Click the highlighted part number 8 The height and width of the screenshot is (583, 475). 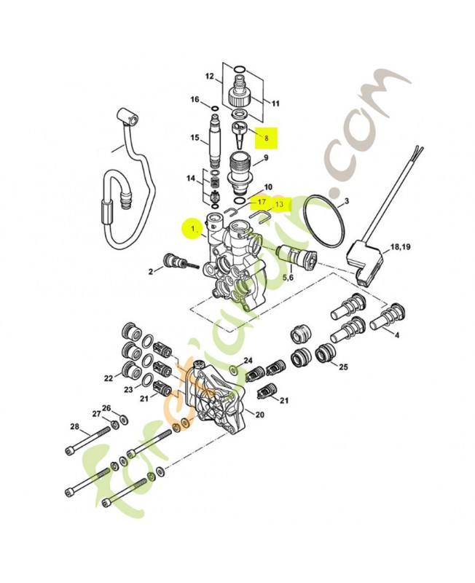pos(267,137)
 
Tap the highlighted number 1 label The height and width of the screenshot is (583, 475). pos(192,229)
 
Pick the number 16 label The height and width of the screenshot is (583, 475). pos(195,100)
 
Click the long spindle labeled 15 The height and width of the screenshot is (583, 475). pos(217,138)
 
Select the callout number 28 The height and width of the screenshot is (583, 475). pos(74,426)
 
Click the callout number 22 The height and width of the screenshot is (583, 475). pos(109,378)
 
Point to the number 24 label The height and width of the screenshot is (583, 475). pos(248,361)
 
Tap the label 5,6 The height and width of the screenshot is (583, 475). pos(288,277)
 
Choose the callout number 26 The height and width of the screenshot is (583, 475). pos(106,408)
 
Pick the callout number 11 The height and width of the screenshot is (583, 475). pos(275,103)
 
